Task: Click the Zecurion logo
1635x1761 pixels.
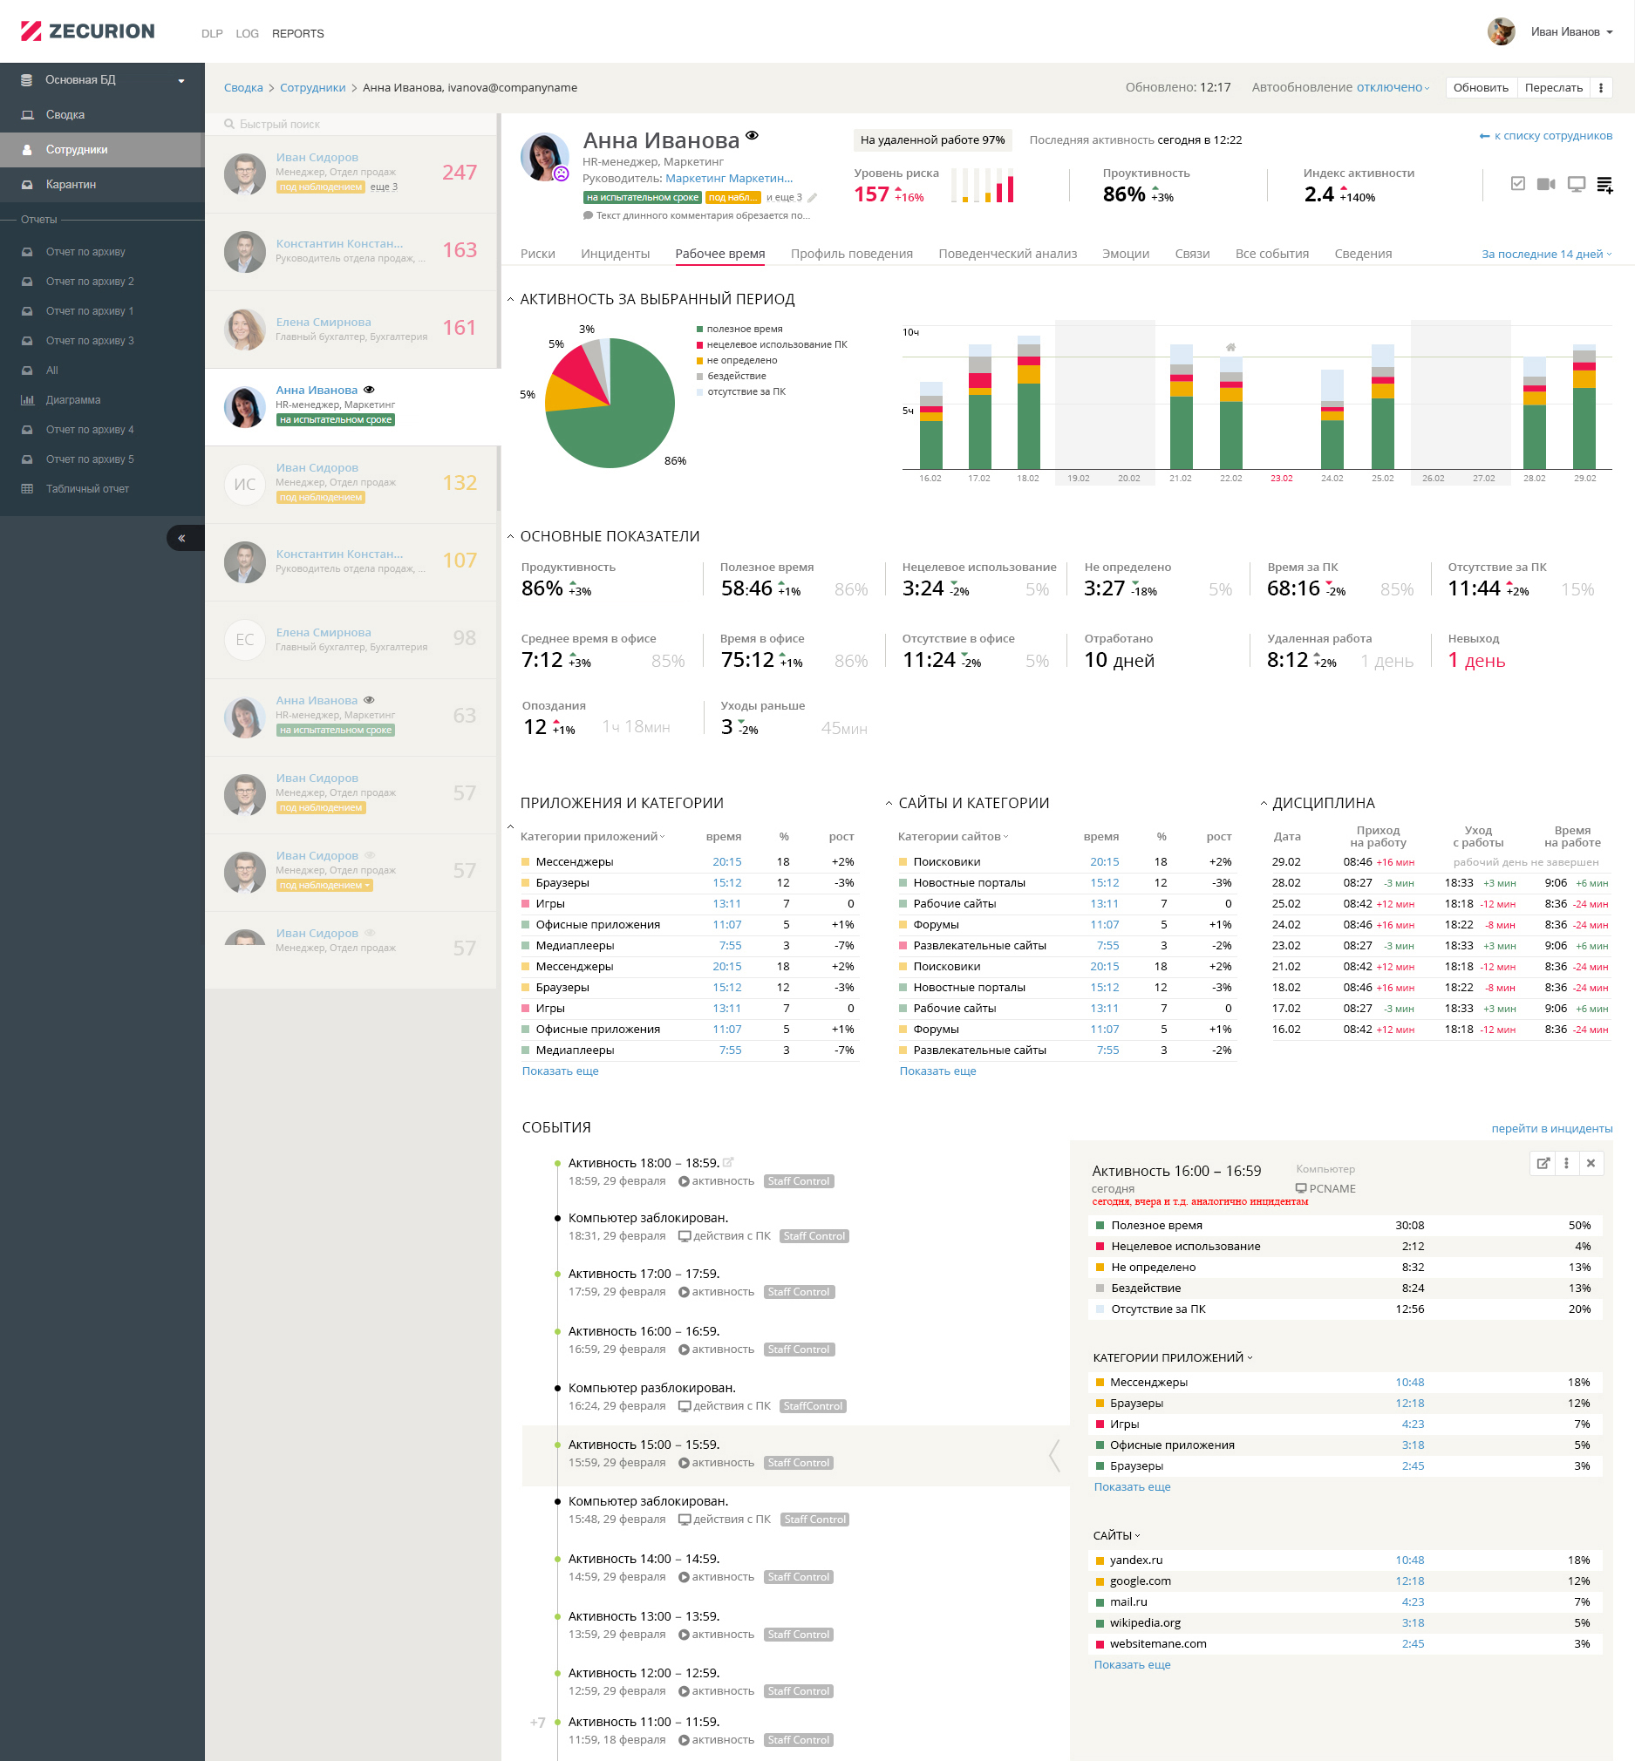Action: click(x=87, y=32)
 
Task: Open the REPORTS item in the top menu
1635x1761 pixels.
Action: click(x=297, y=34)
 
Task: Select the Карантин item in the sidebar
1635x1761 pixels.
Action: click(x=71, y=184)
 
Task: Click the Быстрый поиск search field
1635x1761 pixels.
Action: click(x=354, y=125)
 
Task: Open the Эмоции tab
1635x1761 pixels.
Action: click(x=1125, y=254)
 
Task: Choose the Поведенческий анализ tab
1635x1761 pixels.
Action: click(x=1007, y=254)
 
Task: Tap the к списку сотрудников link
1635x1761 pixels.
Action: click(x=1552, y=136)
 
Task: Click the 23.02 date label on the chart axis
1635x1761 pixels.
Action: click(x=1281, y=479)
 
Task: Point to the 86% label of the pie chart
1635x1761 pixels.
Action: click(x=675, y=461)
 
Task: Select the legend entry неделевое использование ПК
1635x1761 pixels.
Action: click(x=776, y=345)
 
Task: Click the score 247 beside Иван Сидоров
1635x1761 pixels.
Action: click(x=460, y=173)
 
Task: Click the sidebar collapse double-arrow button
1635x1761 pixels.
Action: click(x=181, y=538)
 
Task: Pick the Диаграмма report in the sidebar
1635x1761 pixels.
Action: click(x=72, y=400)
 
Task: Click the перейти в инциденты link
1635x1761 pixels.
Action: click(x=1551, y=1129)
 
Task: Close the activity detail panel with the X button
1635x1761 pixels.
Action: click(x=1590, y=1163)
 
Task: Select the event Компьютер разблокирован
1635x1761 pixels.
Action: click(x=651, y=1388)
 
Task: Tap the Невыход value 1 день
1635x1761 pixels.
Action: click(x=1475, y=661)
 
